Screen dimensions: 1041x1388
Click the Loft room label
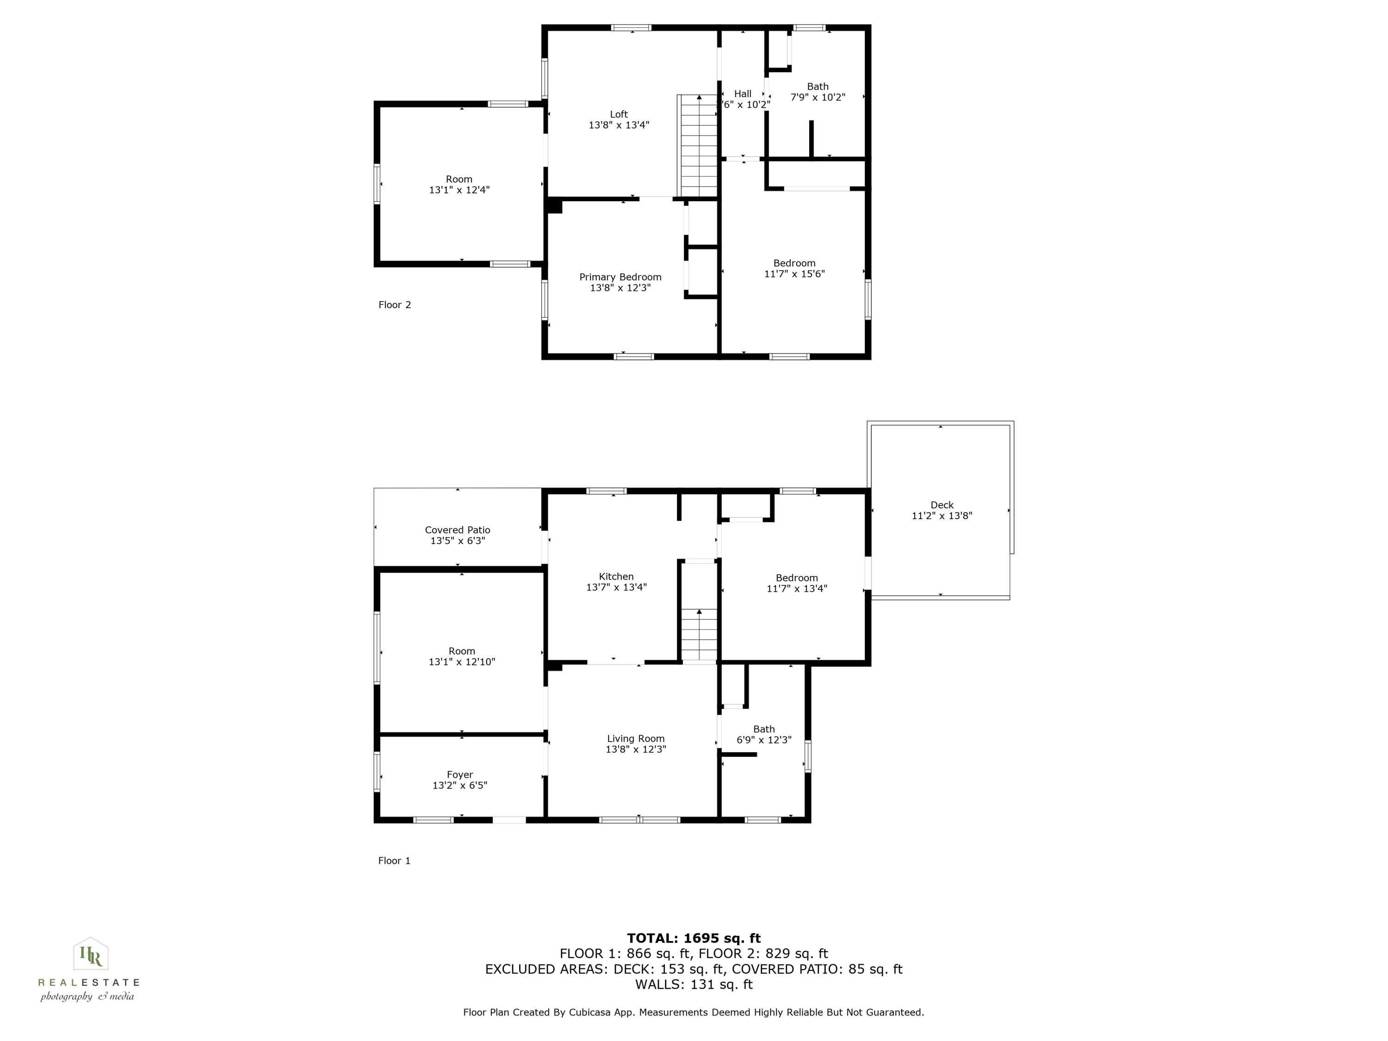pyautogui.click(x=619, y=114)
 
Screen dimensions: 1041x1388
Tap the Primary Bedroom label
pyautogui.click(x=620, y=277)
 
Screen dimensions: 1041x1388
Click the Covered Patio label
pyautogui.click(x=458, y=530)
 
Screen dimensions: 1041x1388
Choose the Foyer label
pyautogui.click(x=460, y=775)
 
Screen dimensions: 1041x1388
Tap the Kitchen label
pyautogui.click(x=616, y=576)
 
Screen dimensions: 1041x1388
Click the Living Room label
pyautogui.click(x=636, y=738)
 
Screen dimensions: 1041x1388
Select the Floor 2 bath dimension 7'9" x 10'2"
pyautogui.click(x=818, y=97)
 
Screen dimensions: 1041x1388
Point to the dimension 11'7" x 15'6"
pyautogui.click(x=794, y=273)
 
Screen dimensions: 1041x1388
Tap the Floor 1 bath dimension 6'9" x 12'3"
pyautogui.click(x=764, y=740)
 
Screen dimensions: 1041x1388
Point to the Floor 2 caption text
pyautogui.click(x=395, y=305)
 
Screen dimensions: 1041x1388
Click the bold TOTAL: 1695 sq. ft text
pyautogui.click(x=694, y=938)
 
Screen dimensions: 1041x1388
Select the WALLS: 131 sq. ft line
pyautogui.click(x=694, y=985)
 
